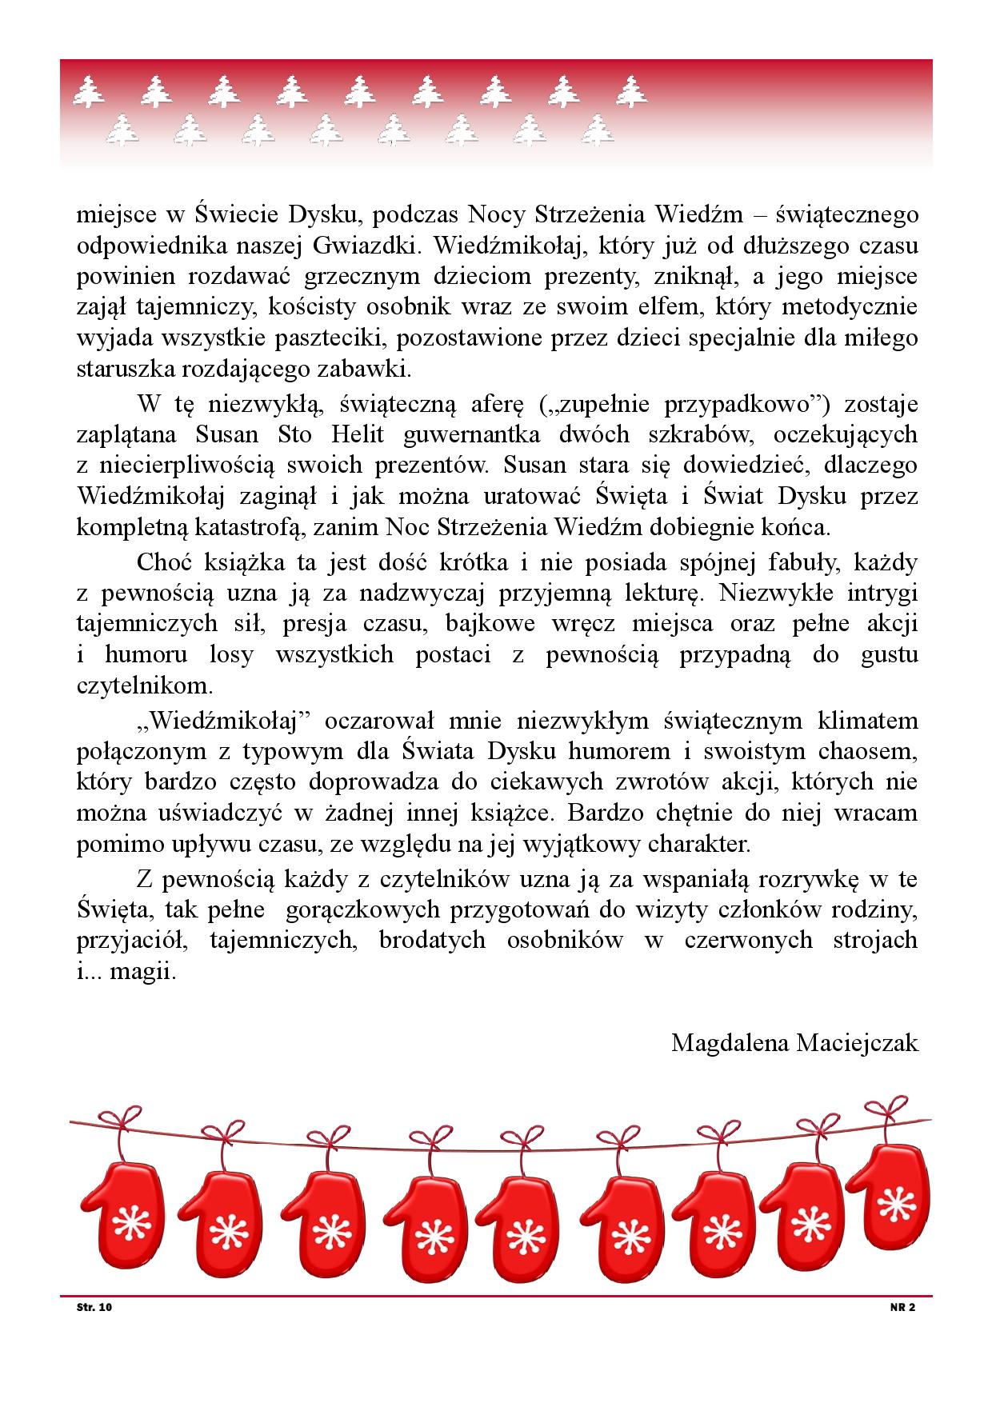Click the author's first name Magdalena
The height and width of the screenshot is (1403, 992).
tap(728, 1043)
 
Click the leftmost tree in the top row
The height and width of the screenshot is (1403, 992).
tap(89, 91)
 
